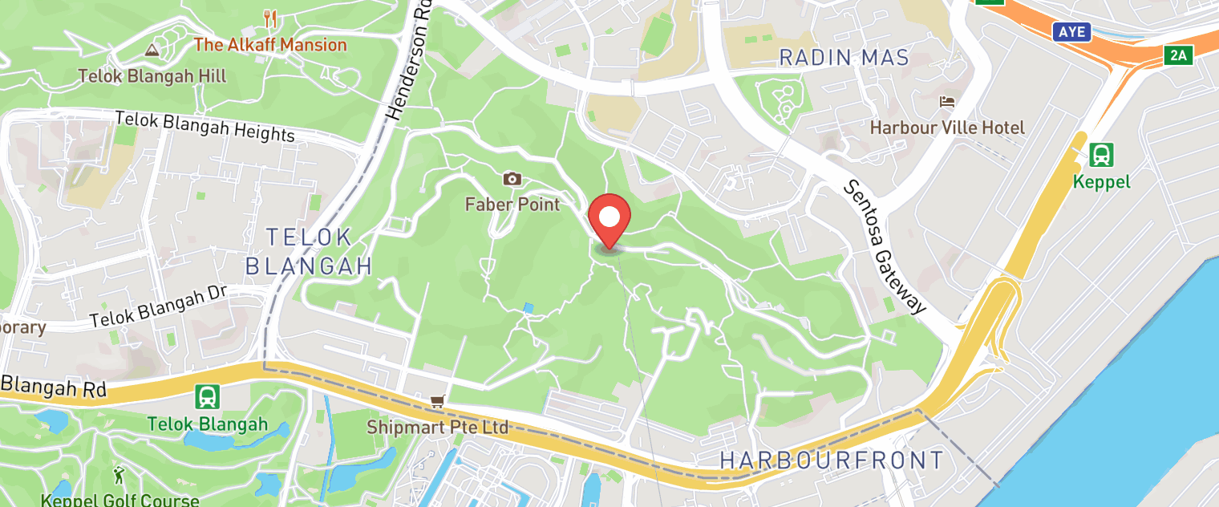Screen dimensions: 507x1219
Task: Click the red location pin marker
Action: (x=609, y=218)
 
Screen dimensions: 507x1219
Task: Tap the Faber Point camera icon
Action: (x=512, y=178)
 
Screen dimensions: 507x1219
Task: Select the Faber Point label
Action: (x=512, y=204)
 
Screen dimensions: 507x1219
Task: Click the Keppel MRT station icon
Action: (x=1101, y=153)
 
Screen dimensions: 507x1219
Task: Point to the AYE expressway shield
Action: (x=1072, y=32)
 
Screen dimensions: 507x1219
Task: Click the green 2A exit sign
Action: (x=1178, y=55)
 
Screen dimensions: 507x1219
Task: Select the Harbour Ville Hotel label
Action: (x=947, y=128)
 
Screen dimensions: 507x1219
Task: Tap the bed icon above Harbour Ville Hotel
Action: (x=947, y=102)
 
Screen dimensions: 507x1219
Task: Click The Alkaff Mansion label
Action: (x=270, y=44)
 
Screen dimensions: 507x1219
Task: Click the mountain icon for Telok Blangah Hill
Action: (x=152, y=51)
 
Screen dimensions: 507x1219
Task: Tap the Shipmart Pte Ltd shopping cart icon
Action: (x=437, y=400)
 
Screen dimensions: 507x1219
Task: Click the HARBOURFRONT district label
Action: (x=832, y=460)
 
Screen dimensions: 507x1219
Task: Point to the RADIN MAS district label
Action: (x=844, y=58)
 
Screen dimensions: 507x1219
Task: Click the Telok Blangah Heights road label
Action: (x=205, y=126)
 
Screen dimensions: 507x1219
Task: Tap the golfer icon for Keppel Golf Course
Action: (x=120, y=474)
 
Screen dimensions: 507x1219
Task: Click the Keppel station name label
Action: (x=1101, y=182)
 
